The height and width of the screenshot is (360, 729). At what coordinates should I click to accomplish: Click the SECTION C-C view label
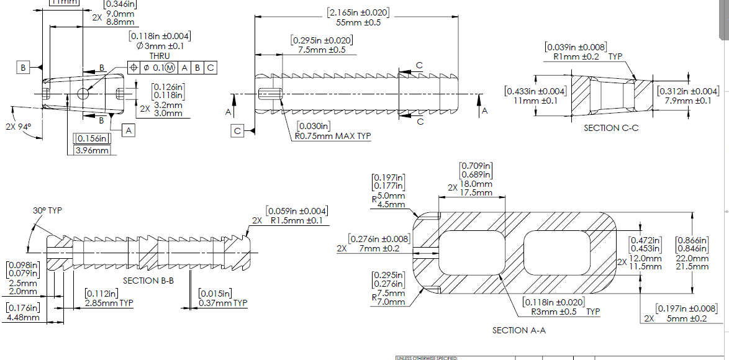coord(611,128)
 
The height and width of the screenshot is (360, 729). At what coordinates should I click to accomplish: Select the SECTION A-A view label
coord(518,330)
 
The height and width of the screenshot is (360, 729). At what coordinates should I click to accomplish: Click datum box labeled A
coord(129,130)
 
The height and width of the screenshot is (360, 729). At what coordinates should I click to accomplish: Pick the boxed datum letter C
coord(238,130)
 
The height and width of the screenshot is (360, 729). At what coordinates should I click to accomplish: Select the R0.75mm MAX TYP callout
coord(333,137)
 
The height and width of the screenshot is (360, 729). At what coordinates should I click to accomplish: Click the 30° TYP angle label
coord(48,210)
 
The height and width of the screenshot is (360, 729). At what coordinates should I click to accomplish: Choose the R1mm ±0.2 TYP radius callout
coord(583,56)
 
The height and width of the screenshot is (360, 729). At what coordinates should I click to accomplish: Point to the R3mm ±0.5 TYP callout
coord(561,312)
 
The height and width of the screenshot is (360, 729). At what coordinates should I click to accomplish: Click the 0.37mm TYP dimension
coord(223,303)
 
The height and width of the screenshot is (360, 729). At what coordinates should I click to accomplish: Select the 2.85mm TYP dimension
coord(109,303)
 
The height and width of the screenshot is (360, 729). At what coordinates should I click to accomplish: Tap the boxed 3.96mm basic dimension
coord(92,150)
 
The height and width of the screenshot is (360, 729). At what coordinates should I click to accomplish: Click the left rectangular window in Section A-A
coord(469,253)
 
